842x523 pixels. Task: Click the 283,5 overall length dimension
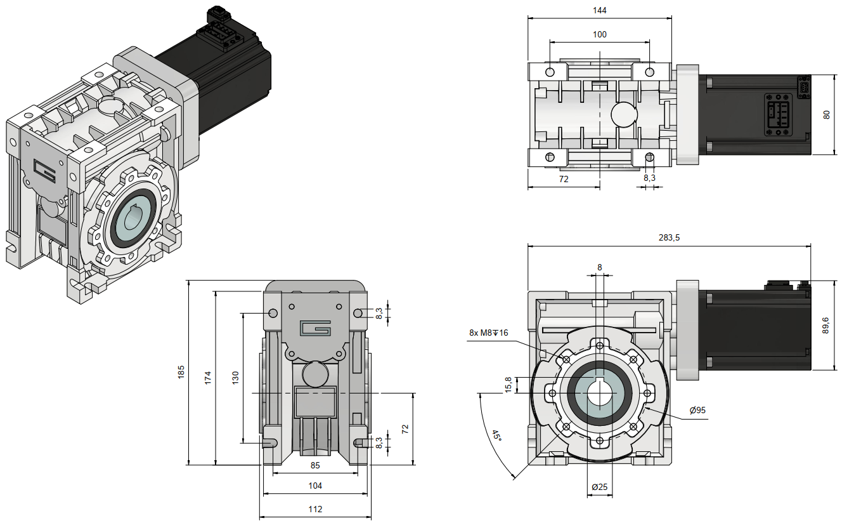pos(669,237)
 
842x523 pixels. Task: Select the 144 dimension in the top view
pos(599,11)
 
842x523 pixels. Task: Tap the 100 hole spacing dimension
pos(599,34)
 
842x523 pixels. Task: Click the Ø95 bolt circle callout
pos(697,410)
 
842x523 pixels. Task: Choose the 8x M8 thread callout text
pos(488,333)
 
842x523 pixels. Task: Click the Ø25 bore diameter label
pos(599,487)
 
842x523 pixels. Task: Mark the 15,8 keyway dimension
pos(507,385)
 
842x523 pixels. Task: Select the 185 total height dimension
pos(181,371)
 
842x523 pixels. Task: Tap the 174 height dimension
pos(207,377)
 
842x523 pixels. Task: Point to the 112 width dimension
pos(315,509)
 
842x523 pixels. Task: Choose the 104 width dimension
pos(315,486)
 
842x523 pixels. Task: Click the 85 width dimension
pos(315,465)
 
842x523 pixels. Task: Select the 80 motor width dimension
pos(826,114)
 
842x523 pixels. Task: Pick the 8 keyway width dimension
pos(599,267)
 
